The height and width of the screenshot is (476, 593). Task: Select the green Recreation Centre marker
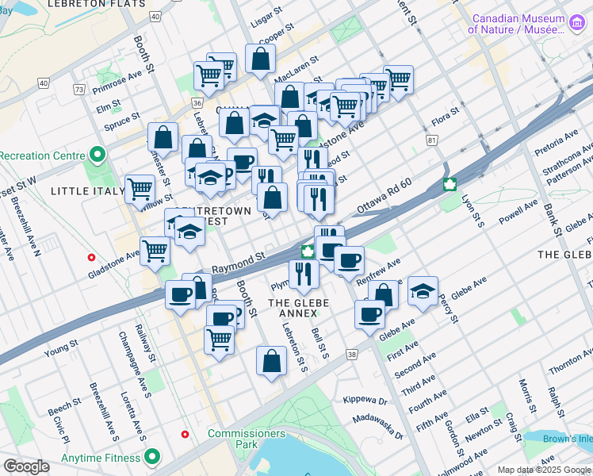pyautogui.click(x=98, y=153)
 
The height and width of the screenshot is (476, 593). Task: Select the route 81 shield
pyautogui.click(x=431, y=140)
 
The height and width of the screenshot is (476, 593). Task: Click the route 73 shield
pyautogui.click(x=78, y=89)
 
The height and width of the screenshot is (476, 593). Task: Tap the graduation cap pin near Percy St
pyautogui.click(x=423, y=291)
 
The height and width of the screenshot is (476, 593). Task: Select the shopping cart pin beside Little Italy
pyautogui.click(x=140, y=189)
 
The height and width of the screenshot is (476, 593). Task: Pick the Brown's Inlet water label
pyautogui.click(x=568, y=438)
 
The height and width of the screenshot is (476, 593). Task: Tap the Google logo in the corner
pyautogui.click(x=26, y=466)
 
